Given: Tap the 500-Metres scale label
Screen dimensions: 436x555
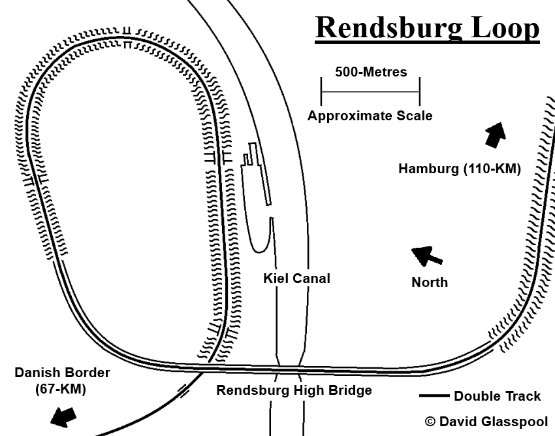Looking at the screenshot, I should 371,72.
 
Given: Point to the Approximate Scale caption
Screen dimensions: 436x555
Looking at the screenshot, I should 370,116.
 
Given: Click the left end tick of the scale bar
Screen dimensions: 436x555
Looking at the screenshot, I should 321,90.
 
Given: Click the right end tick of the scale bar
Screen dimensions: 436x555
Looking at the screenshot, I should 420,90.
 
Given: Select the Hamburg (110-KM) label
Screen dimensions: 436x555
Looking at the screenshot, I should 460,169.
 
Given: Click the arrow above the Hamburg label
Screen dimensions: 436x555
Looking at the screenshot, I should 496,135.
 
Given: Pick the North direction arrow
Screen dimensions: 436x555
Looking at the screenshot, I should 427,256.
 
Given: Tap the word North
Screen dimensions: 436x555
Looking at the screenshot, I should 430,282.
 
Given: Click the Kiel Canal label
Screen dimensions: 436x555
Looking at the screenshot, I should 296,279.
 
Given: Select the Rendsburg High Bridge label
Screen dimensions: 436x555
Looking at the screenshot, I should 294,391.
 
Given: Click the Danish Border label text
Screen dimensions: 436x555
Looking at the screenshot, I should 63,373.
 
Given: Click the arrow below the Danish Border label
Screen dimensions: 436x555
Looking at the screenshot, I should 64,415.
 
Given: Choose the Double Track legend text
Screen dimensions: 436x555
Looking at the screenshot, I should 498,396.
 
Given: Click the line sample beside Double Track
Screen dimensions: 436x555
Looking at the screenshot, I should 434,396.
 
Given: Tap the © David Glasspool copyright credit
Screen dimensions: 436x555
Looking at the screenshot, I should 486,422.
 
